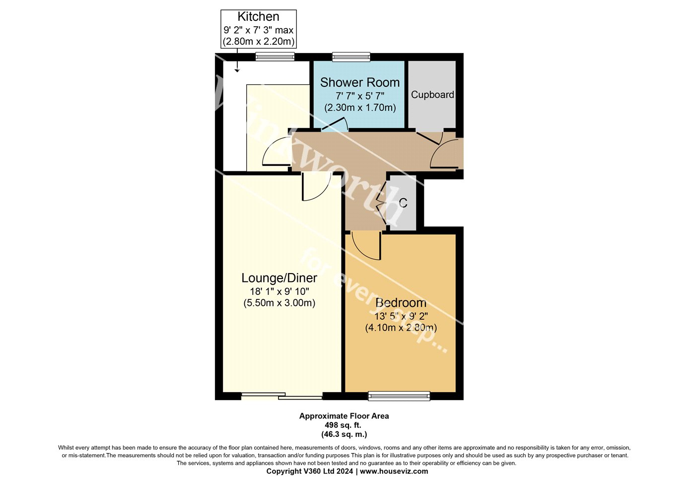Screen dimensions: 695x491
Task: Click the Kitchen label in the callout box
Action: (x=258, y=16)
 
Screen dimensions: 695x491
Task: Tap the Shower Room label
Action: (x=360, y=82)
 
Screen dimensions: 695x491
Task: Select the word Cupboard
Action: (x=432, y=95)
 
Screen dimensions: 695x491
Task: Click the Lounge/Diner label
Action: (x=279, y=278)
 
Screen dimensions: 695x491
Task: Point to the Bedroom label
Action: (x=401, y=303)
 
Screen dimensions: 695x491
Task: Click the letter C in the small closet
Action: (x=403, y=203)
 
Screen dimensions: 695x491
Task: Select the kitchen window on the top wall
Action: (x=275, y=57)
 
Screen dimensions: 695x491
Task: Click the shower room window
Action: (x=351, y=57)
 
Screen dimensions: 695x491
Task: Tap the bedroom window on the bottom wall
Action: (x=399, y=396)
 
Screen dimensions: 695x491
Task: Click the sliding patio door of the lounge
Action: (x=282, y=396)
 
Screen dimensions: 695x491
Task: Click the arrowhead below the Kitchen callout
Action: (x=237, y=71)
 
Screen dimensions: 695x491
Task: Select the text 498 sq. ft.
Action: (x=343, y=425)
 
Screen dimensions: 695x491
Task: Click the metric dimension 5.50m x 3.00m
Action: (x=279, y=303)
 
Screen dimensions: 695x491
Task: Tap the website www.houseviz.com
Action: (x=394, y=472)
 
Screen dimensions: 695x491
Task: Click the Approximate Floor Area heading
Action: (x=344, y=416)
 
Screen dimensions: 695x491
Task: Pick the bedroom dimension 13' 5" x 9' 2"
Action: (x=401, y=316)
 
